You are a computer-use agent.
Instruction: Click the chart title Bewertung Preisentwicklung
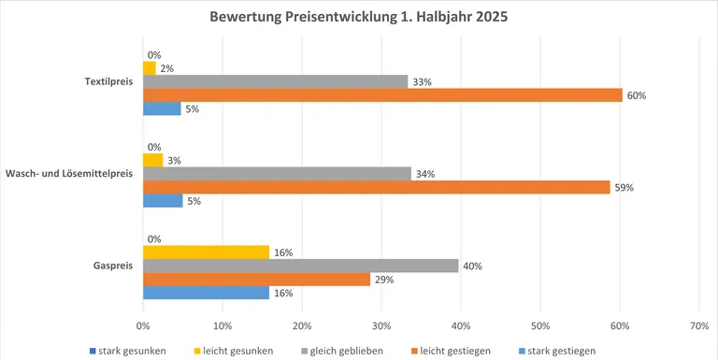click(x=360, y=18)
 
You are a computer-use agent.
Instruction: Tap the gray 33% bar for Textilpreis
click(x=275, y=81)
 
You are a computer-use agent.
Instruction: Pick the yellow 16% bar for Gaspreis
click(x=206, y=252)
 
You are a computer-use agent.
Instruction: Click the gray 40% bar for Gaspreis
click(x=301, y=266)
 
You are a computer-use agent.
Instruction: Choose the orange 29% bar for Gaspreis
click(x=257, y=280)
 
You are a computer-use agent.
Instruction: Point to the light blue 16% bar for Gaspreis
click(x=206, y=293)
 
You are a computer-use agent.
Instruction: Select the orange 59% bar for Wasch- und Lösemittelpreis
click(x=376, y=187)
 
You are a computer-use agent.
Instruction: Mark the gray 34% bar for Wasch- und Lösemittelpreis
click(x=277, y=173)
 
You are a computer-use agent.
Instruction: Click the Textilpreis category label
click(x=108, y=81)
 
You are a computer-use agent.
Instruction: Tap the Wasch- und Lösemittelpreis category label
click(x=70, y=174)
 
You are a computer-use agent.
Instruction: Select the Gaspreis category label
click(x=113, y=266)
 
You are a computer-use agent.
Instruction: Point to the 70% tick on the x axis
click(x=699, y=325)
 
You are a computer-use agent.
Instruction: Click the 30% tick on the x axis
click(x=381, y=325)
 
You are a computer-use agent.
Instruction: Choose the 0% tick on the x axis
click(x=143, y=325)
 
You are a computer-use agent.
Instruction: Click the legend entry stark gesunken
click(x=131, y=351)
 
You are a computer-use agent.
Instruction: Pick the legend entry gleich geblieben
click(x=348, y=351)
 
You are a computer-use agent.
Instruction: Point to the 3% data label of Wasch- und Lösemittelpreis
click(x=175, y=161)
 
